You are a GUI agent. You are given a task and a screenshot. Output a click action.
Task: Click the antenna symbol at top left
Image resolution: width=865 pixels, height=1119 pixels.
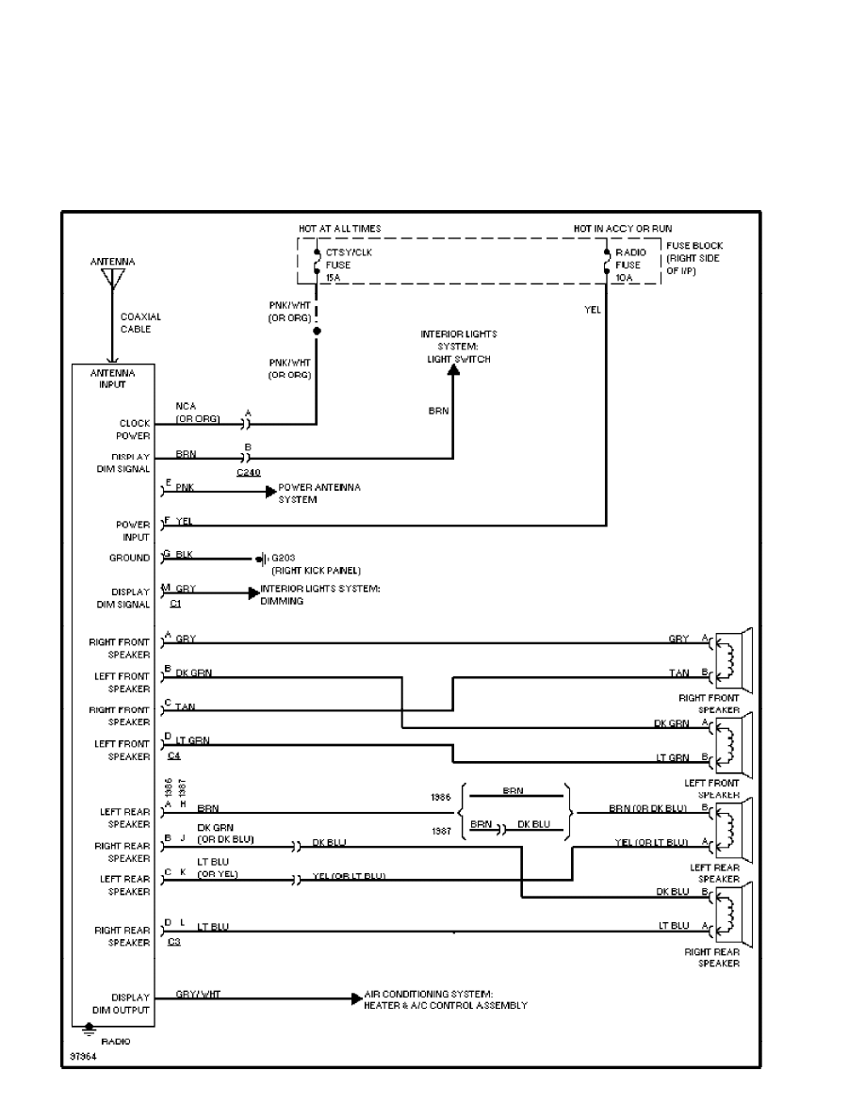pos(112,279)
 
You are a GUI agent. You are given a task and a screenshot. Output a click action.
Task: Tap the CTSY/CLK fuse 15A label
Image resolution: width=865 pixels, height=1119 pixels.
pos(338,266)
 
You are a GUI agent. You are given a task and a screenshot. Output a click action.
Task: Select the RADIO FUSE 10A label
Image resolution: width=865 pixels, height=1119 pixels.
pos(628,266)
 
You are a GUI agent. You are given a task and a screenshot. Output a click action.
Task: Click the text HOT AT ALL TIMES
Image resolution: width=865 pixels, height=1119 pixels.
pos(340,229)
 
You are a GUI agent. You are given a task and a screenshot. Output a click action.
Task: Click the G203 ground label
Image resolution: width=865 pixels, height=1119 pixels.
pos(284,559)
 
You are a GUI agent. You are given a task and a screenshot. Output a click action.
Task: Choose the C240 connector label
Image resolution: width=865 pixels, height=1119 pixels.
pos(249,471)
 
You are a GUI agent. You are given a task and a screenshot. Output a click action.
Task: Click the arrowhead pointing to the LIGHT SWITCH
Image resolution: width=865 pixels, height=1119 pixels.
pos(452,372)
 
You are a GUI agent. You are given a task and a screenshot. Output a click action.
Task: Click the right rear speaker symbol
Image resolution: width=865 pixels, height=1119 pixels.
pos(732,914)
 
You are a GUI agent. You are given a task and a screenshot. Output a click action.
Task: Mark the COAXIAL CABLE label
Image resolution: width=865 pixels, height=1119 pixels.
pos(136,323)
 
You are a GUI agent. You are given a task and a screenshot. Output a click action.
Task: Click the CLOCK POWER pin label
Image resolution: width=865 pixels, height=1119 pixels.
pos(134,430)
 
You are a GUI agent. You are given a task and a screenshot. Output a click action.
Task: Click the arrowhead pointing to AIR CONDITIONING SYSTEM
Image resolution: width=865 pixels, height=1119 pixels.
pos(356,998)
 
